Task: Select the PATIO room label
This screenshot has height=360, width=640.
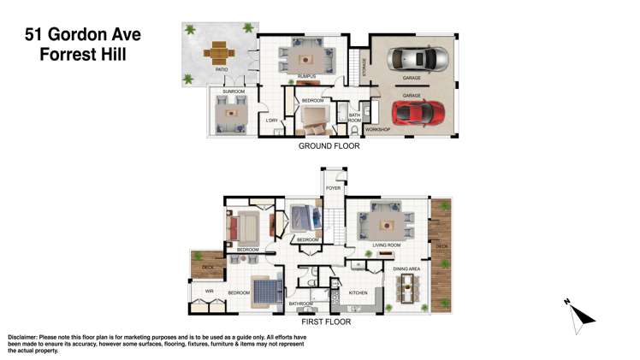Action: (x=220, y=70)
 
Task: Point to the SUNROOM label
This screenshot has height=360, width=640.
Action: (x=234, y=91)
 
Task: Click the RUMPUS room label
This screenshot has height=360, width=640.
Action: (x=306, y=77)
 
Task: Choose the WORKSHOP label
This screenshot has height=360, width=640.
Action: (x=377, y=129)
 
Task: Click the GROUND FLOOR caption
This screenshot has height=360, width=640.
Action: (x=329, y=146)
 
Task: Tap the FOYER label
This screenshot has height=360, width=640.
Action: (x=334, y=187)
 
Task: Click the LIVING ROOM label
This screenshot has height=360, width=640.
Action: (x=387, y=245)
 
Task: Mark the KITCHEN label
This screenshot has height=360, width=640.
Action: (x=358, y=293)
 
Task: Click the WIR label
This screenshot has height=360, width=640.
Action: (x=209, y=292)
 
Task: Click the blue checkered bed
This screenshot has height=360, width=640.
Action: (x=266, y=291)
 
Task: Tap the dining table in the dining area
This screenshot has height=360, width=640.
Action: (x=407, y=291)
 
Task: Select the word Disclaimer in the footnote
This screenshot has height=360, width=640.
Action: (x=27, y=337)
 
